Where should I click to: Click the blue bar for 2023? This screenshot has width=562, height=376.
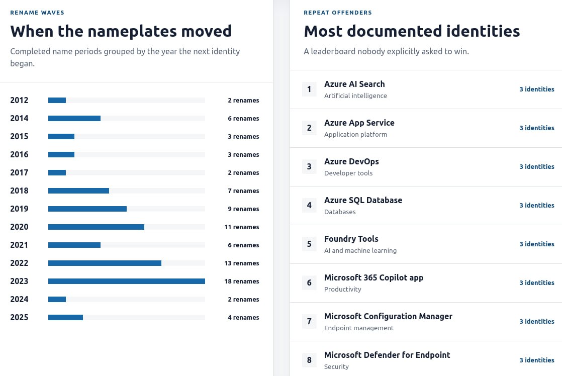(127, 281)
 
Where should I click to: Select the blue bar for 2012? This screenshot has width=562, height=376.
(57, 101)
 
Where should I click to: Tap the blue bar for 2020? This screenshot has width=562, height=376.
(96, 227)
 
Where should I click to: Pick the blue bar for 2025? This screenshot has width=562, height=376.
(65, 318)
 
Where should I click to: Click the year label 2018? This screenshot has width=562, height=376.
(20, 191)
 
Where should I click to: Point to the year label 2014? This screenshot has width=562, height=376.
(20, 118)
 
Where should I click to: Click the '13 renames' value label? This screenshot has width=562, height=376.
(242, 263)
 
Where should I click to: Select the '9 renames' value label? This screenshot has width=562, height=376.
(243, 209)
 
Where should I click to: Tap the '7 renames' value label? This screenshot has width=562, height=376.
(243, 191)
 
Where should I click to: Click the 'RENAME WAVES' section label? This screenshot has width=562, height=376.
(37, 13)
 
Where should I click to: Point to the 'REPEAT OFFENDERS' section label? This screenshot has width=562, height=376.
(338, 13)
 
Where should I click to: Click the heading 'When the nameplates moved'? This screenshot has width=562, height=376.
(121, 31)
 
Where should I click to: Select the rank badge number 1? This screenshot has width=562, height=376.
(309, 89)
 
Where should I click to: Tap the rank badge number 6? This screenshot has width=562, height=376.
(309, 283)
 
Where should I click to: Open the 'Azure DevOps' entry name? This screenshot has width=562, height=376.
(351, 162)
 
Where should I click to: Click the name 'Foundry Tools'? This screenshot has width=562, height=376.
(351, 239)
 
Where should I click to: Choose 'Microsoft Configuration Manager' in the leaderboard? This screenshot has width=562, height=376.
(388, 317)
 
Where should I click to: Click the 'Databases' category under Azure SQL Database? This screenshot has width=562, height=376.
(340, 212)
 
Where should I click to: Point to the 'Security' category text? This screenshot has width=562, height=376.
(336, 366)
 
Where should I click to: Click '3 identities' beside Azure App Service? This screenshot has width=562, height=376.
(537, 128)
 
